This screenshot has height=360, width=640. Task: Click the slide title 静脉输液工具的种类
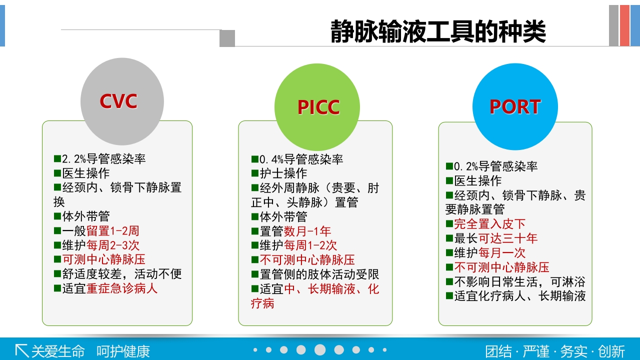click(438, 32)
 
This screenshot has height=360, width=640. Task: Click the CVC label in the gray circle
click(118, 101)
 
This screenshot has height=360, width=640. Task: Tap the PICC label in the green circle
click(318, 107)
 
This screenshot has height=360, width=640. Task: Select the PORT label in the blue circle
click(515, 106)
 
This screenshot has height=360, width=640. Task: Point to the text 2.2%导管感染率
click(103, 159)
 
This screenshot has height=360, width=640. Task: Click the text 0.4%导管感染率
click(301, 159)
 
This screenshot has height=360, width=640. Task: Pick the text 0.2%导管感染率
click(495, 166)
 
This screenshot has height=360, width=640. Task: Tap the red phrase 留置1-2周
click(113, 231)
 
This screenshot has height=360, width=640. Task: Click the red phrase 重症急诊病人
click(122, 288)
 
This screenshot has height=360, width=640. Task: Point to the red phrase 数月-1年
click(307, 231)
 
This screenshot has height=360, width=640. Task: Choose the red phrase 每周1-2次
click(310, 245)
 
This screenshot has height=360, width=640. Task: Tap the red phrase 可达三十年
click(508, 238)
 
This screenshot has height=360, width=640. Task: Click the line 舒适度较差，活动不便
click(122, 274)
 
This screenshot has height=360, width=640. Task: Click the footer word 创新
click(611, 351)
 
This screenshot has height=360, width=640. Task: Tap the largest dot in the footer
click(320, 350)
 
